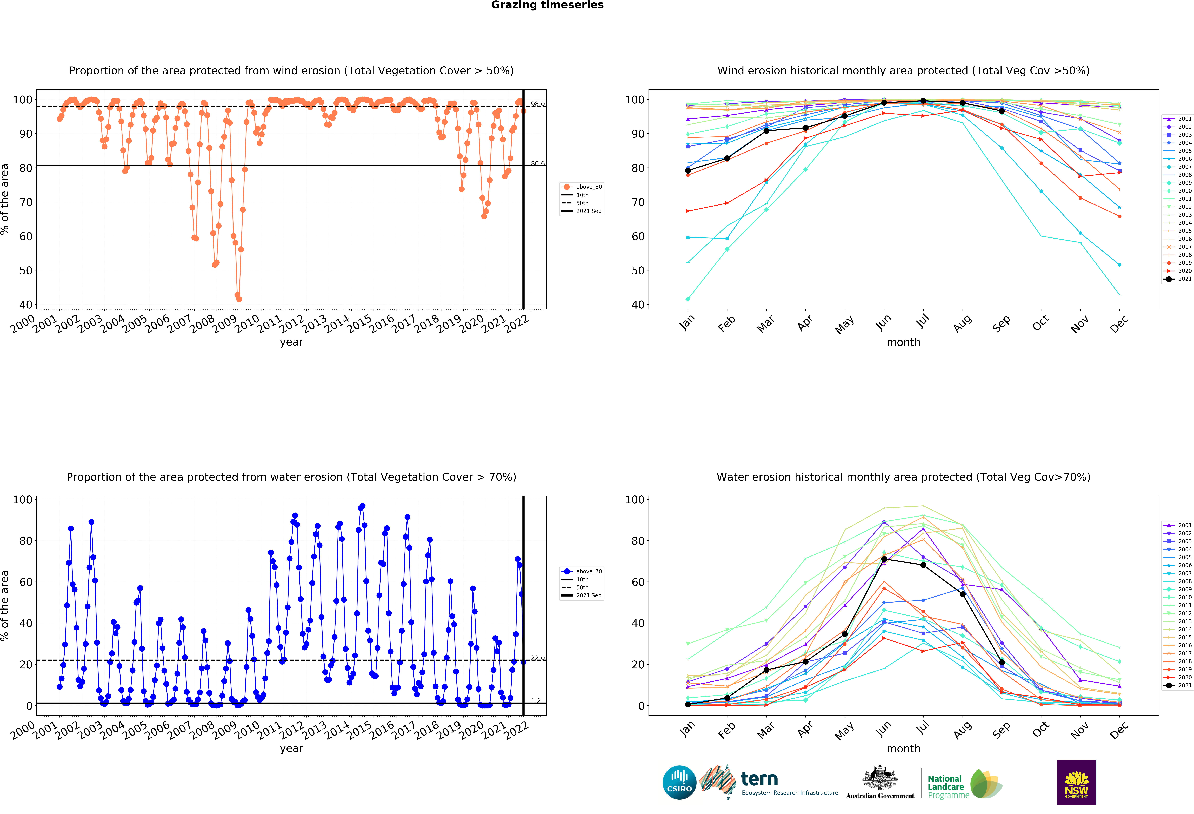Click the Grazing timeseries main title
[547, 5]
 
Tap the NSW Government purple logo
[1076, 782]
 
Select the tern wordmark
[759, 779]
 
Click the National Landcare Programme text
[948, 787]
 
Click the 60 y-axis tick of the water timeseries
[26, 582]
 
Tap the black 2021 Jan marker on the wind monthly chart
[688, 171]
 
